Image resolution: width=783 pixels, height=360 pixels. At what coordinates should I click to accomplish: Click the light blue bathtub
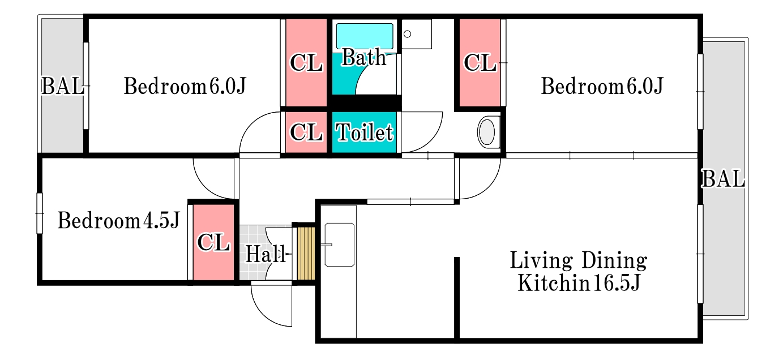[364, 36]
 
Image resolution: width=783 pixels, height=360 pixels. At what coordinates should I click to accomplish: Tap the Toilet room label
[364, 132]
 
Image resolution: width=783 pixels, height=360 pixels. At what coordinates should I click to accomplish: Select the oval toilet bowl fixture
[487, 132]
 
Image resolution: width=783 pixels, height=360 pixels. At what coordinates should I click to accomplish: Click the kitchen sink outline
[340, 245]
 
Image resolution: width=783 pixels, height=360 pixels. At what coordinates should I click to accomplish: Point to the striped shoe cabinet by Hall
[306, 254]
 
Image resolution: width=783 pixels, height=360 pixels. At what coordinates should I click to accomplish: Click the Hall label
[266, 254]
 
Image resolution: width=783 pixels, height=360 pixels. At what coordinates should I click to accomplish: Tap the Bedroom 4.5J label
[118, 221]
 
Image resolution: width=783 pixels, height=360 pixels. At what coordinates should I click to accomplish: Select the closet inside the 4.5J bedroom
[213, 242]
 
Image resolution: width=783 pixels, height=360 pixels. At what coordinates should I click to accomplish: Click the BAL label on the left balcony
[63, 86]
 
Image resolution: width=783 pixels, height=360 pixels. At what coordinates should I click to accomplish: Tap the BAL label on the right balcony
[723, 179]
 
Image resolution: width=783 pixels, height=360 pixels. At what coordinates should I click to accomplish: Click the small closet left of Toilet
[306, 132]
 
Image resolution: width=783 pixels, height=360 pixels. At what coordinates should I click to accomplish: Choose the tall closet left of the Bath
[306, 63]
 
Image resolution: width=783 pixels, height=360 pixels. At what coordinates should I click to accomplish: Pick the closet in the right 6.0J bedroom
[480, 63]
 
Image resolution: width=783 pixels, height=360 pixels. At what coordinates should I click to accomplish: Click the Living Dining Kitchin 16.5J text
[579, 272]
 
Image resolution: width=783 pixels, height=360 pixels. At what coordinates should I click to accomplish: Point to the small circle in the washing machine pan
[407, 34]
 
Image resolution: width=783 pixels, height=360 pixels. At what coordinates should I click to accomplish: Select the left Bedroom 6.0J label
[185, 86]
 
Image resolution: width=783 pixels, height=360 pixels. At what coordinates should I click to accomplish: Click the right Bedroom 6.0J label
[602, 86]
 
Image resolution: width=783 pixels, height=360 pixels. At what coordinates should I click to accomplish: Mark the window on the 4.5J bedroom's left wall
[40, 213]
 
